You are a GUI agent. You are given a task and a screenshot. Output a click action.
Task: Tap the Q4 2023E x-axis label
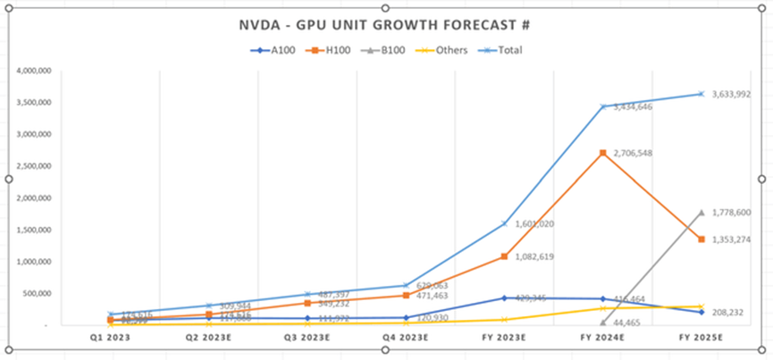406,339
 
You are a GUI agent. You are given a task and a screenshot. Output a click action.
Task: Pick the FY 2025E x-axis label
702,339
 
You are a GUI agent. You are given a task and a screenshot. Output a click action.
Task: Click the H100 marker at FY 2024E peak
603,153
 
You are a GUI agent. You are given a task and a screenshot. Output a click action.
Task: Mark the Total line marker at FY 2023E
504,223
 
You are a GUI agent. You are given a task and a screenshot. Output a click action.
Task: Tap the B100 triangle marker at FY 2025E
702,213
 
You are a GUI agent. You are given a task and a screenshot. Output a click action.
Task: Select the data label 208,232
727,313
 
